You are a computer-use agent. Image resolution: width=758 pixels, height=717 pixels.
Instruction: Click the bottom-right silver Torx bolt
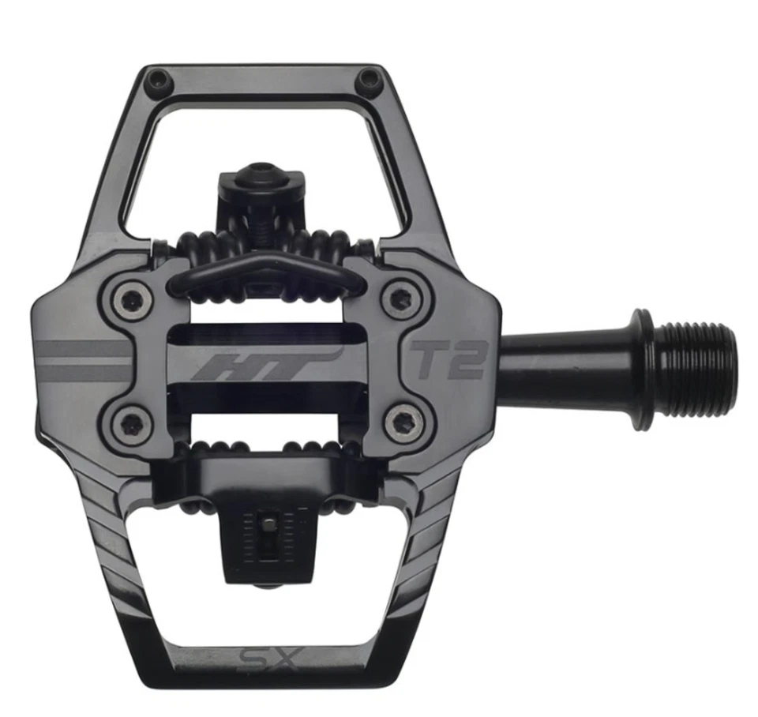403,421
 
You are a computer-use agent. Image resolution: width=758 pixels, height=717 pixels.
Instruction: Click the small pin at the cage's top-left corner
159,78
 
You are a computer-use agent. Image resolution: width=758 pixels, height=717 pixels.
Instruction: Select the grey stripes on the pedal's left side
83,359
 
